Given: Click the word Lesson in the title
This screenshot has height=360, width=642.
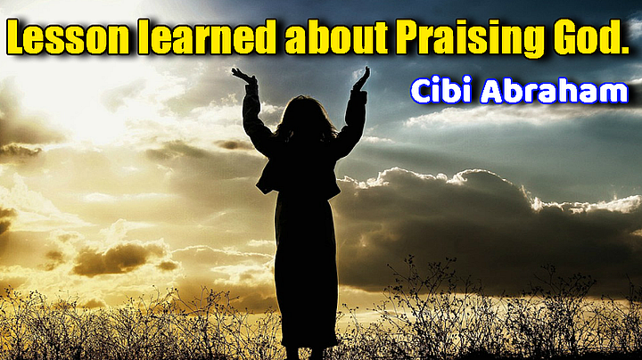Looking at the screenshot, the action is click(68, 37).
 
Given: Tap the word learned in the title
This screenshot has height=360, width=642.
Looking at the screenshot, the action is click(207, 37).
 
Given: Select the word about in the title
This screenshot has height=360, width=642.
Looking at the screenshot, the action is click(336, 37).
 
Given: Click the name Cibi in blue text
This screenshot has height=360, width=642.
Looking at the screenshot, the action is click(441, 90).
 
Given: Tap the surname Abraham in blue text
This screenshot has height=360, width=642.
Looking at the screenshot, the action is click(554, 90).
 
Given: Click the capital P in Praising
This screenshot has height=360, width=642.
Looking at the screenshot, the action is click(407, 37).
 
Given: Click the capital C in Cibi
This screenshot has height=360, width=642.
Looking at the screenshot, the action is click(421, 90).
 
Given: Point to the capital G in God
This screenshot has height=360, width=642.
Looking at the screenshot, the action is click(566, 37).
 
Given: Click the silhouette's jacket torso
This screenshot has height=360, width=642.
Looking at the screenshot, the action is click(299, 168).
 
